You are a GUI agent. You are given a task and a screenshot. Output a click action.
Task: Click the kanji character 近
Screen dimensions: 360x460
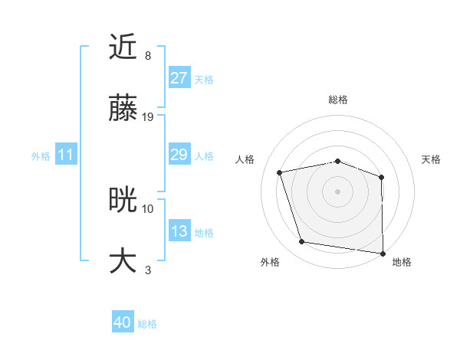123,47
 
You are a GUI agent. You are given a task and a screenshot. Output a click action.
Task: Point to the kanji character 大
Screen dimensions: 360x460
123,260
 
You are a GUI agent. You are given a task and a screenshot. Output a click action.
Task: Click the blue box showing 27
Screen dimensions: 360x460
179,78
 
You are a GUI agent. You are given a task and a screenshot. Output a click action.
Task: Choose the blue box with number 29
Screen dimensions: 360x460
179,155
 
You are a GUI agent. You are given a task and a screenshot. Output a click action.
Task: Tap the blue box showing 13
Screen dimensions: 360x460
179,231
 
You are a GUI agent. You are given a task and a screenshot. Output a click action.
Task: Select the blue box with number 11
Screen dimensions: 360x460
65,155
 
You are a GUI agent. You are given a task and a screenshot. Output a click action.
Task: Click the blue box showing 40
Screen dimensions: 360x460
123,323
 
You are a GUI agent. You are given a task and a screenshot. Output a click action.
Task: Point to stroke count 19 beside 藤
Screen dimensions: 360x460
148,117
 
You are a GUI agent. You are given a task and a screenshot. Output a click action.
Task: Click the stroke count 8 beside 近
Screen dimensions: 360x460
148,56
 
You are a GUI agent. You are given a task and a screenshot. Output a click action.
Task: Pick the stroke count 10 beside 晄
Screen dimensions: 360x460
148,208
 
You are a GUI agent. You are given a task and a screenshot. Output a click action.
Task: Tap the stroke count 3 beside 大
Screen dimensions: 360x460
148,269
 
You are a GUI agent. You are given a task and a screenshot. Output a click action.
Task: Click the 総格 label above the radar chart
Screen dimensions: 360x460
337,100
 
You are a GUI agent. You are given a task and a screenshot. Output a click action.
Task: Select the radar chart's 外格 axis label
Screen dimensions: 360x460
270,262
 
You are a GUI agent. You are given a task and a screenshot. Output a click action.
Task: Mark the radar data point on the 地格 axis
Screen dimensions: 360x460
383,253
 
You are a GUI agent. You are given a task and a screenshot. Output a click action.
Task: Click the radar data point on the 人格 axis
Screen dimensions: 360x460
280,172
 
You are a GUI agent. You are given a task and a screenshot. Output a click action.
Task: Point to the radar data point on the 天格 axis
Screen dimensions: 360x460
382,177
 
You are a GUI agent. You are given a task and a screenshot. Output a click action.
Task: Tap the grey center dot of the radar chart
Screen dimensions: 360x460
337,191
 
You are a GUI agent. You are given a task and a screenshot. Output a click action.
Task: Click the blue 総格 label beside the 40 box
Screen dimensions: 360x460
148,324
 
